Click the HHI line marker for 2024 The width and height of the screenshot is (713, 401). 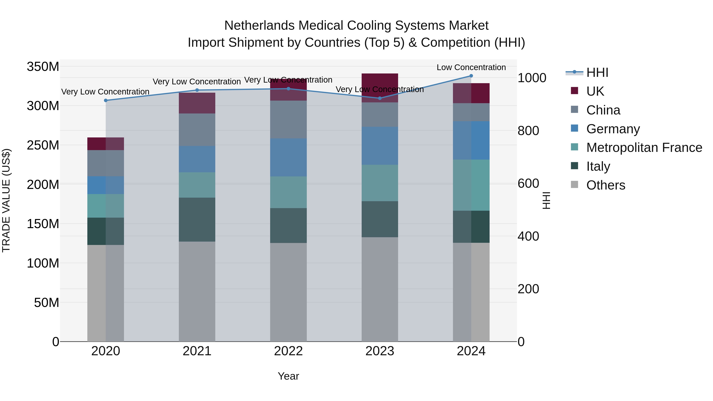pos(471,76)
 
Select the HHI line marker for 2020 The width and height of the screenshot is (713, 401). pos(106,100)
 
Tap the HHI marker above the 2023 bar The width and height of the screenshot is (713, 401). pos(380,98)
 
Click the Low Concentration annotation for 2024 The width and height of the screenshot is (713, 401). pos(471,67)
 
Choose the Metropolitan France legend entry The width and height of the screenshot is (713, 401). pos(644,148)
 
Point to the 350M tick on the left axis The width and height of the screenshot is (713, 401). pos(43,67)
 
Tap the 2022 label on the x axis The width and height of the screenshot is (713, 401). pos(288,351)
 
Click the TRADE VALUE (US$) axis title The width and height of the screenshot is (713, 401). pos(6,200)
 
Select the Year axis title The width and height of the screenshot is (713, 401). pos(288,376)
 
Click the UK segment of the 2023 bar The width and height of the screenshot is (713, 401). pos(380,88)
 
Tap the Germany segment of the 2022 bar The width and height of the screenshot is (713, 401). pos(288,157)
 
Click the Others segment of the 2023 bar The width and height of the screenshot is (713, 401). pos(380,289)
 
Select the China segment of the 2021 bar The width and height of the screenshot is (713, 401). pos(197,130)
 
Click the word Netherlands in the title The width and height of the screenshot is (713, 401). pos(259,26)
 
